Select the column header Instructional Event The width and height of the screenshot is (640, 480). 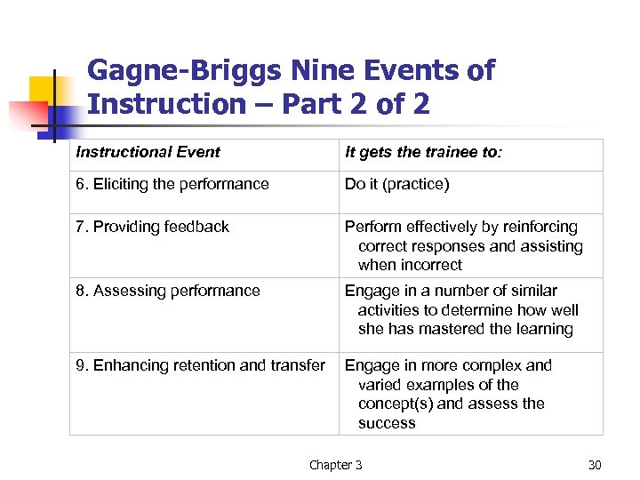(148, 152)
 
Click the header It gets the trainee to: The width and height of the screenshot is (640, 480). (423, 152)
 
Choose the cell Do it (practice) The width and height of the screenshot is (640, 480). (397, 184)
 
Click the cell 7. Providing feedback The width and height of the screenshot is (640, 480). (153, 227)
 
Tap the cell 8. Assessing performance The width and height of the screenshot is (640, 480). (168, 291)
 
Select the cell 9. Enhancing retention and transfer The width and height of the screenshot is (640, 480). (201, 365)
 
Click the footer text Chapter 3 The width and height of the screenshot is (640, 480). (336, 464)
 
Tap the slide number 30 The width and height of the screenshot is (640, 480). (595, 464)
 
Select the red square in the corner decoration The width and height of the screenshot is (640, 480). (27, 115)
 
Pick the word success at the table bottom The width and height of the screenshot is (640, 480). (387, 423)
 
